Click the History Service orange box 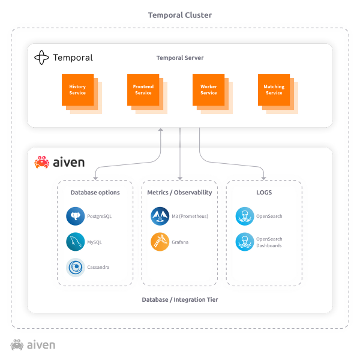tap(77, 90)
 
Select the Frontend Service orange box tap(143, 90)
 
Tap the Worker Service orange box tap(208, 90)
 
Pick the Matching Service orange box tap(274, 90)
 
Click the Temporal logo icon tap(41, 58)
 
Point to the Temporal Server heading tap(180, 58)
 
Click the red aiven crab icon tap(42, 162)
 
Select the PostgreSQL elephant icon tap(75, 217)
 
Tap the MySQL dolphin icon tap(75, 242)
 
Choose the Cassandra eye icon tap(75, 267)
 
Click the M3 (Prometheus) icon tap(160, 217)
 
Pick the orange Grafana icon tap(160, 242)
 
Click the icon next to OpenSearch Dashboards tap(244, 242)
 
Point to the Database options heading tap(95, 193)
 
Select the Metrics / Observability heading tap(179, 193)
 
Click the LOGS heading tap(264, 193)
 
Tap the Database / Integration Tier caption tap(180, 299)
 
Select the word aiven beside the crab tap(69, 162)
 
